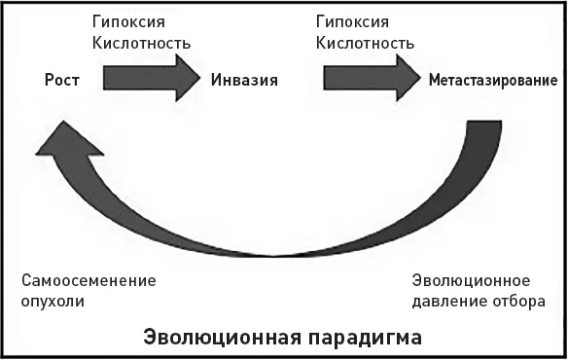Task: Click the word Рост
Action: click(x=62, y=80)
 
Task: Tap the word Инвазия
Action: click(x=244, y=80)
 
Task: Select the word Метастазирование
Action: click(x=493, y=80)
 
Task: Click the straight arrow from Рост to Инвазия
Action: click(x=152, y=78)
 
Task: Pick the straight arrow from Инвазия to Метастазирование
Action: click(x=373, y=78)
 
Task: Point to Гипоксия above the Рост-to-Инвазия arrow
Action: click(x=128, y=22)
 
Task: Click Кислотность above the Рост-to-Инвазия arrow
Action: click(x=141, y=43)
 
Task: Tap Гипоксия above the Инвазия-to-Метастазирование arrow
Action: click(x=352, y=22)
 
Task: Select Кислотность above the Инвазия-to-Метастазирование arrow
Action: click(x=365, y=43)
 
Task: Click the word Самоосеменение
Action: click(x=89, y=281)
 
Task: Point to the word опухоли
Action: click(x=53, y=302)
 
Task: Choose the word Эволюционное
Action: click(x=471, y=281)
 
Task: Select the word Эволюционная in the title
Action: click(x=222, y=338)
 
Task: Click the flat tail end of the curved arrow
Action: click(x=484, y=122)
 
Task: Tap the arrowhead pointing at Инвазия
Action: click(x=188, y=78)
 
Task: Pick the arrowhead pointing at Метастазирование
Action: click(x=408, y=78)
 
